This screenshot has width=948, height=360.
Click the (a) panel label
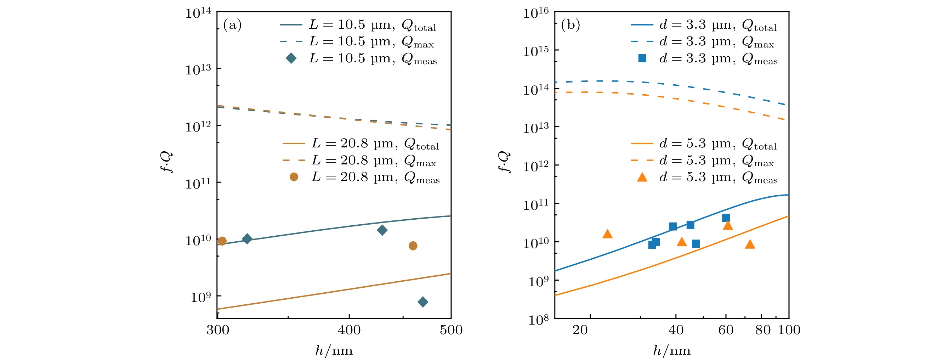(232, 25)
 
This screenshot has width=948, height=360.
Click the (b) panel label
(570, 25)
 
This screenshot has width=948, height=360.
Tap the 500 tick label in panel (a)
(451, 330)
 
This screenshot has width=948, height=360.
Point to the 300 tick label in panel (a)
(217, 330)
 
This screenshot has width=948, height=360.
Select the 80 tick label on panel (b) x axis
(763, 330)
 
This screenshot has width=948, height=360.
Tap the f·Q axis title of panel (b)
(504, 162)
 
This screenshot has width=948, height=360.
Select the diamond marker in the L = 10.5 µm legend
(291, 58)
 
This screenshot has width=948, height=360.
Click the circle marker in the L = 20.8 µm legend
(294, 177)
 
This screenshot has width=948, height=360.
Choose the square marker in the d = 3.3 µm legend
(642, 58)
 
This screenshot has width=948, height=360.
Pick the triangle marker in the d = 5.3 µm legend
(642, 178)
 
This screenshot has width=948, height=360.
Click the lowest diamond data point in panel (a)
(423, 302)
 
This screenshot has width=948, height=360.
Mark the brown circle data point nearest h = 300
(222, 241)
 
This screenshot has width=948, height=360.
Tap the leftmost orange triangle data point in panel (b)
(608, 234)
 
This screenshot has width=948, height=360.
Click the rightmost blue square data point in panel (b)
(726, 218)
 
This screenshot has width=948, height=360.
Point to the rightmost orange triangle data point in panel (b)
(750, 244)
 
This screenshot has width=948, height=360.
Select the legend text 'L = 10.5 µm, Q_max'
(371, 41)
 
